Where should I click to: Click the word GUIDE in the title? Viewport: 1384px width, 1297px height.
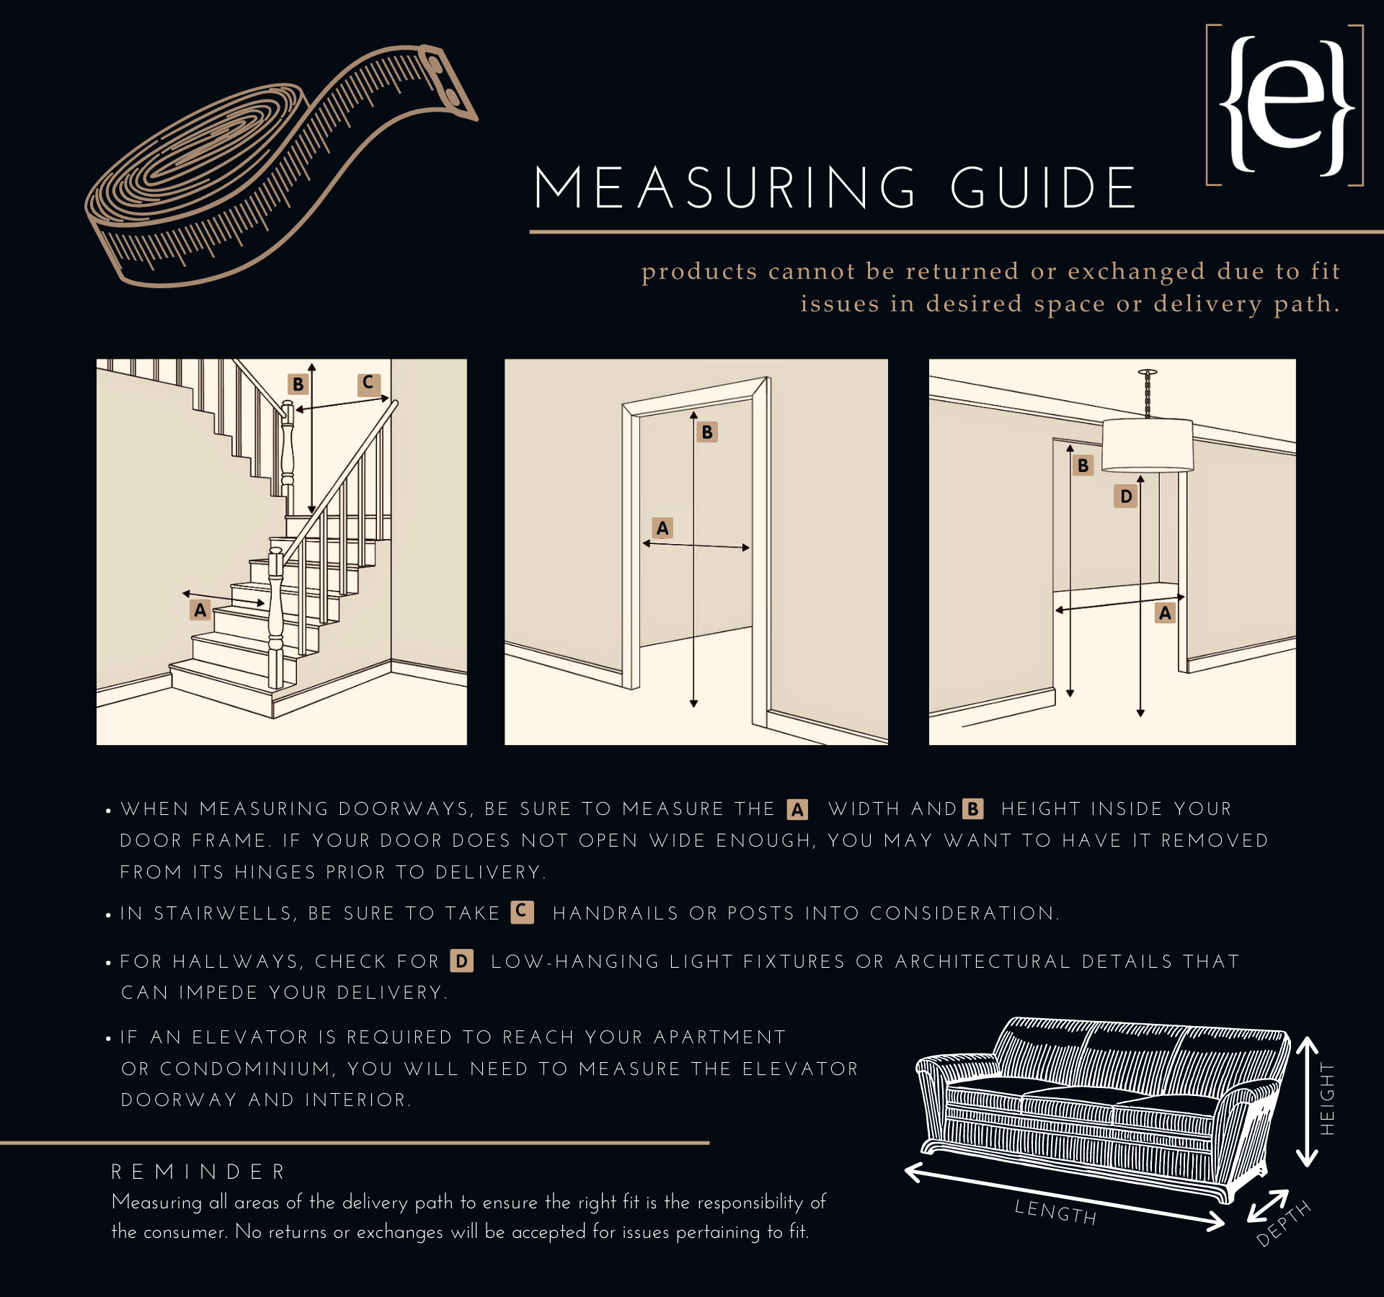click(1043, 189)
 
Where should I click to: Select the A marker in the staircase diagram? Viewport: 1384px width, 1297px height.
click(200, 610)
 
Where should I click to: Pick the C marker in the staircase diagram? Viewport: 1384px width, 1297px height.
click(368, 383)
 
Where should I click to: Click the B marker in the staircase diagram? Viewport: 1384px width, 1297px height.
click(298, 384)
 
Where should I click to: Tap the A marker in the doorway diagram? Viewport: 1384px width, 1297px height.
click(662, 528)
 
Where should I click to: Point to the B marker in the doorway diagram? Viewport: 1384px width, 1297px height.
click(707, 432)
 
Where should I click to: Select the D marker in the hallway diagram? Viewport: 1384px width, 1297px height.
click(1125, 496)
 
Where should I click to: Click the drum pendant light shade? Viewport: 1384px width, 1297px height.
click(1148, 445)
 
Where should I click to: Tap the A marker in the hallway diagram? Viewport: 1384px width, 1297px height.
click(1165, 613)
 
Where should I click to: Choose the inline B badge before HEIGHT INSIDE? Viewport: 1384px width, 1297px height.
click(973, 809)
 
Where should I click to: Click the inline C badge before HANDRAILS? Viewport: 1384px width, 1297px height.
click(522, 912)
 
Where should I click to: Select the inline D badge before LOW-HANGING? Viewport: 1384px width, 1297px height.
click(461, 961)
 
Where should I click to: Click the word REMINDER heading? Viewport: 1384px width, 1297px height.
click(199, 1172)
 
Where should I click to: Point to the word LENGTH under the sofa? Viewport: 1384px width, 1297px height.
click(1055, 1213)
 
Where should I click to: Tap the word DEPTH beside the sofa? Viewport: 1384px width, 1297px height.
click(1283, 1224)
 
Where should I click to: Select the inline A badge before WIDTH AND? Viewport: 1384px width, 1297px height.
click(797, 810)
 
